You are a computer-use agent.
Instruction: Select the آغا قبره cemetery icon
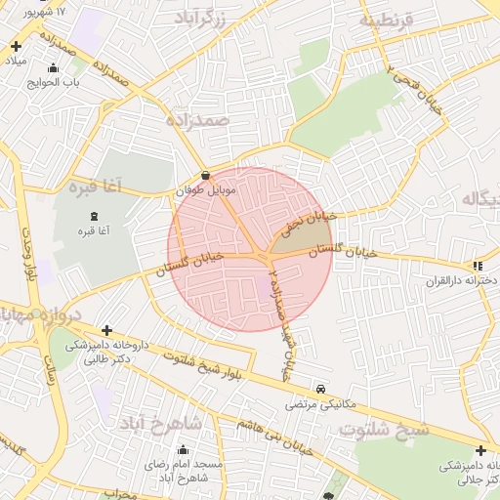click(x=94, y=216)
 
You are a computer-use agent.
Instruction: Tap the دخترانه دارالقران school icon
click(x=477, y=266)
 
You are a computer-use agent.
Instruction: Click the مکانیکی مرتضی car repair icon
click(x=321, y=388)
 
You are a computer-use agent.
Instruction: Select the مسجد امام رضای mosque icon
click(x=183, y=450)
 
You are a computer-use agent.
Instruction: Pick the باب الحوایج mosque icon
click(x=53, y=68)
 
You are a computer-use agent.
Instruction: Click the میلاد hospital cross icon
click(x=16, y=46)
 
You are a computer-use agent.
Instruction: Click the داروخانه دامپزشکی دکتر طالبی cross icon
click(x=106, y=331)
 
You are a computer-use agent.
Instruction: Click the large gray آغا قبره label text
click(x=95, y=185)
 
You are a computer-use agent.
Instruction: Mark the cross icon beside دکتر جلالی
click(x=480, y=450)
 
